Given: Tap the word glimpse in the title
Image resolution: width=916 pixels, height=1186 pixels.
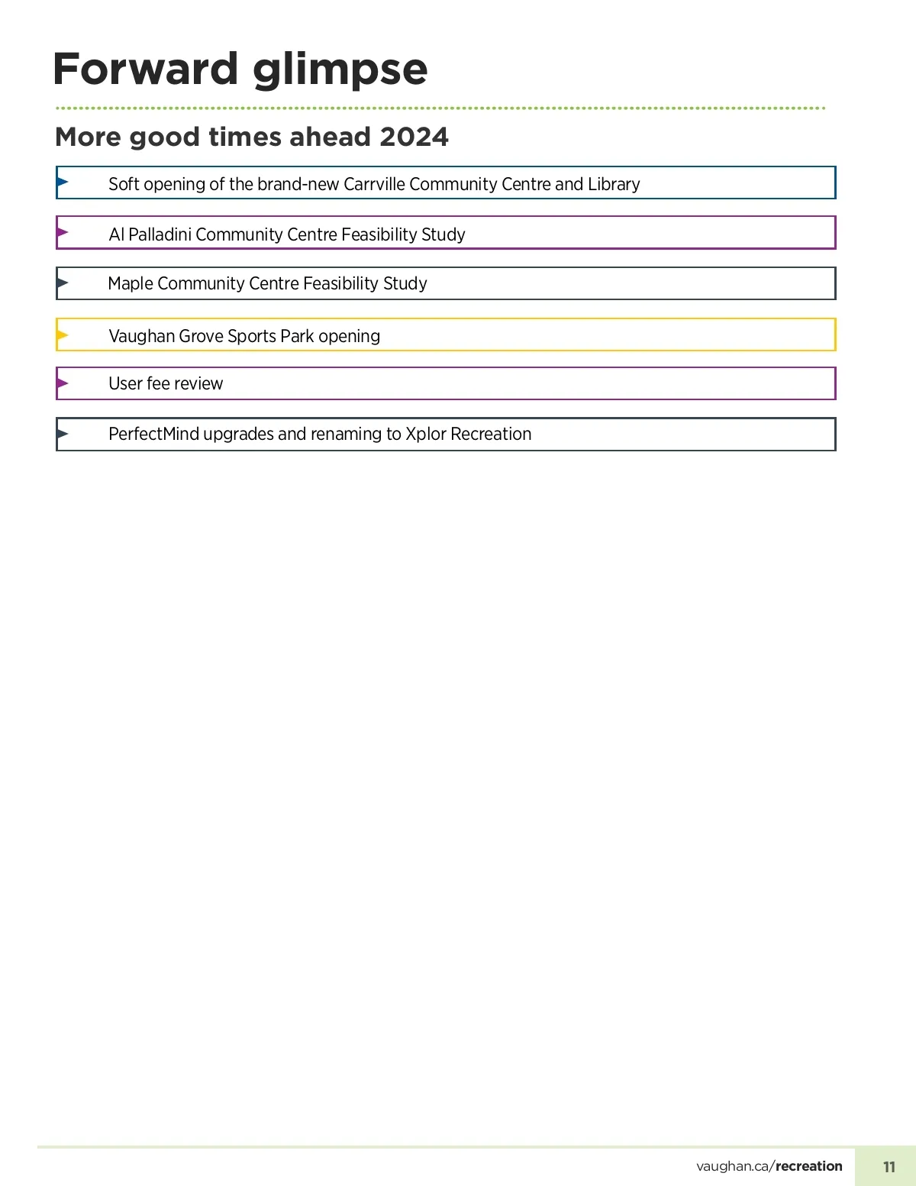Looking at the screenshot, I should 340,70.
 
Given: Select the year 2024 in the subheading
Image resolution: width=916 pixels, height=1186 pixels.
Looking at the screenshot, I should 414,137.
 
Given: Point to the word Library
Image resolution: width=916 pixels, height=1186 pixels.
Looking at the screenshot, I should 614,184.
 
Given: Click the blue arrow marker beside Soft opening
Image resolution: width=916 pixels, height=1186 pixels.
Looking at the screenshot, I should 63,182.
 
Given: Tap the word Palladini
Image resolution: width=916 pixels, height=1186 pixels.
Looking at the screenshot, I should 160,234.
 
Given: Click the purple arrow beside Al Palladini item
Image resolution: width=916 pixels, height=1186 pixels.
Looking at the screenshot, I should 63,232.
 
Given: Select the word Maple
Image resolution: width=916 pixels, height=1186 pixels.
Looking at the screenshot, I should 131,284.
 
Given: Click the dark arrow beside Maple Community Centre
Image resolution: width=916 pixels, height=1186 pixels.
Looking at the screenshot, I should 63,283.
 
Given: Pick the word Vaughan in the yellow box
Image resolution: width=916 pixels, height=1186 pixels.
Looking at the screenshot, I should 142,336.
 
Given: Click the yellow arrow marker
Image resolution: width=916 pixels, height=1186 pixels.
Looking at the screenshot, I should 63,334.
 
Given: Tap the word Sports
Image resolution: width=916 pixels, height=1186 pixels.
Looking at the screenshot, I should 252,336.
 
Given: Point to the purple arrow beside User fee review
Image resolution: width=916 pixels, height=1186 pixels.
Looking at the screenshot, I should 63,383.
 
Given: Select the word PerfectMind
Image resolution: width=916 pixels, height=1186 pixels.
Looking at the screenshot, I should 153,434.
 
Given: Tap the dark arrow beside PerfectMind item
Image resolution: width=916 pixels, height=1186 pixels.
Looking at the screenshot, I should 63,434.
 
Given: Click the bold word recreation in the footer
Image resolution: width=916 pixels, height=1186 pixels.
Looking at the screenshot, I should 809,1166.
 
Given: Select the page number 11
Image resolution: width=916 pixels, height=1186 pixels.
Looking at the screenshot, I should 889,1167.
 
